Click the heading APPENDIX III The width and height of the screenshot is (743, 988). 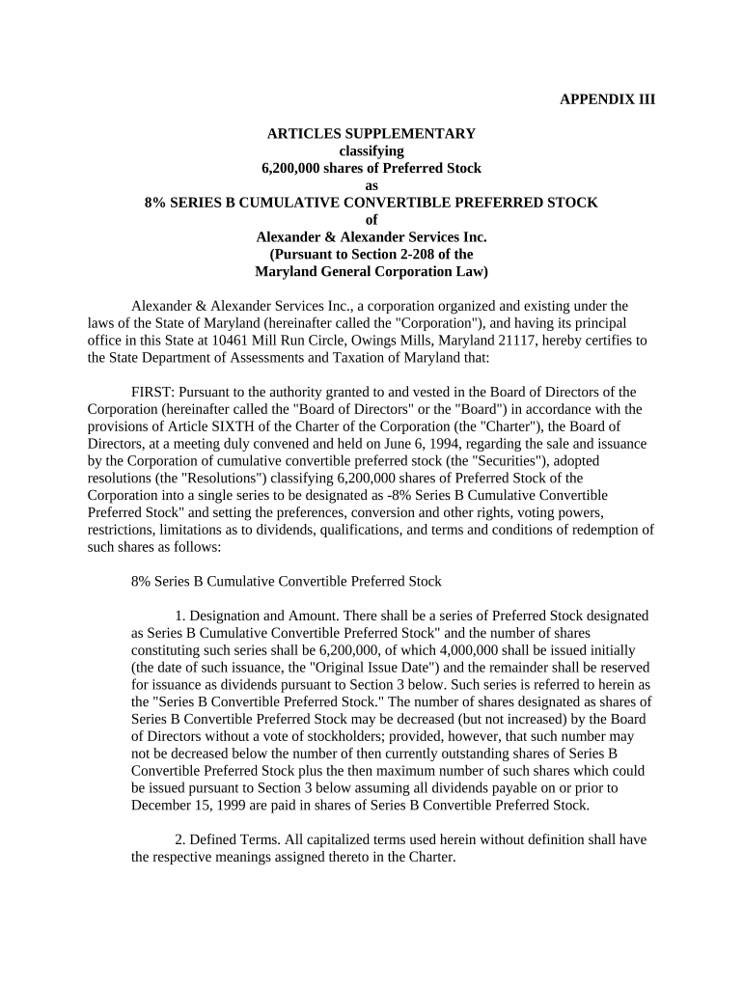point(607,99)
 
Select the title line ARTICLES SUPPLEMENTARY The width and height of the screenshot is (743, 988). point(371,133)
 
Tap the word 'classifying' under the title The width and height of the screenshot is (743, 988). point(371,151)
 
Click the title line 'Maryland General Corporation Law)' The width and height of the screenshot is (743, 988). point(371,272)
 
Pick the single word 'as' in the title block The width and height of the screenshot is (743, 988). point(371,185)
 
